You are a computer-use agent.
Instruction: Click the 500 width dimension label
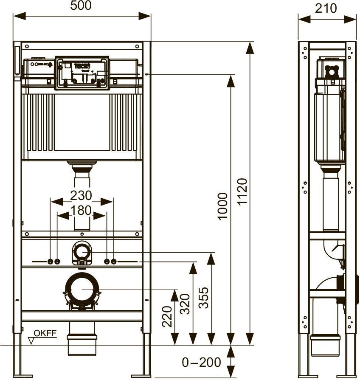click(x=81, y=6)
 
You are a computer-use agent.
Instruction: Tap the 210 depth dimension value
click(x=326, y=8)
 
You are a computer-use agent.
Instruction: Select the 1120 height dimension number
click(x=242, y=192)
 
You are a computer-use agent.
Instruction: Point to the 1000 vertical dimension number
click(x=222, y=206)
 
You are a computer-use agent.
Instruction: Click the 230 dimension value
click(x=81, y=195)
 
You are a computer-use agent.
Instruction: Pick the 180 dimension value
click(x=81, y=210)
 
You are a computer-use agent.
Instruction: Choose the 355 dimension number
click(x=203, y=298)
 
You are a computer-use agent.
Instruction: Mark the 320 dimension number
click(x=185, y=304)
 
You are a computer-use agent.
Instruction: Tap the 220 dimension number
click(x=167, y=317)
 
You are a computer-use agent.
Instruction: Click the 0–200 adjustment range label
click(x=201, y=362)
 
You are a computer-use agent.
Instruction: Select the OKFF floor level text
click(x=45, y=333)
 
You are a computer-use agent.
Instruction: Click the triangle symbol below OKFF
click(x=31, y=341)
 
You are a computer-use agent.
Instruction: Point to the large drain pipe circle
click(x=82, y=289)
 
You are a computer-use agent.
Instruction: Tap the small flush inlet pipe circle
click(x=82, y=252)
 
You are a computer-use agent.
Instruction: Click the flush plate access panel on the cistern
click(x=82, y=73)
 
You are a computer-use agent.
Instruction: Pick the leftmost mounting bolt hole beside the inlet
click(x=51, y=262)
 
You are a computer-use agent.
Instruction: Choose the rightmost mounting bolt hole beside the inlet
click(x=114, y=262)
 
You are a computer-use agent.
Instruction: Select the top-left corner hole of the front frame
click(x=27, y=46)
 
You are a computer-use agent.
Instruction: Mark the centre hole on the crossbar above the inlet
click(x=82, y=234)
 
